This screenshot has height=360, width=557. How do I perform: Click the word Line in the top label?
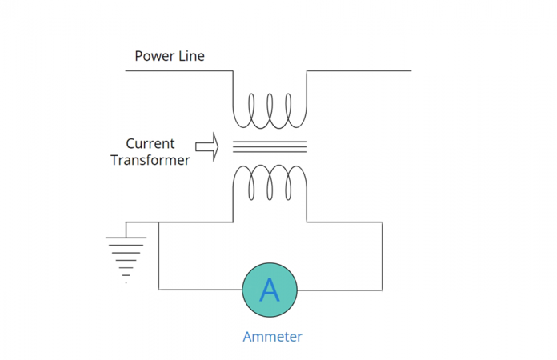tap(191, 56)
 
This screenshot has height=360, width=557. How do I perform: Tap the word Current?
tap(150, 144)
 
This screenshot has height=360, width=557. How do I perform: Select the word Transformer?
tap(150, 160)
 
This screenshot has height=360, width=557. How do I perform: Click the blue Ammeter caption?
tap(272, 337)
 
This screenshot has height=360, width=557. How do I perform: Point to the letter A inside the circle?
tap(270, 290)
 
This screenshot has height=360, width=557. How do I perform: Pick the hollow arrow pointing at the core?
tap(206, 147)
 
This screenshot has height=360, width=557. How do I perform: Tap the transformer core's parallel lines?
tap(270, 146)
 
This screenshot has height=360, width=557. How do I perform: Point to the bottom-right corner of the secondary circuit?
tap(382, 290)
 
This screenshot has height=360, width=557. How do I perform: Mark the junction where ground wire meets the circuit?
tap(158, 222)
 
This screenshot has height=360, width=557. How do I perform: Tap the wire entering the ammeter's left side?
tap(200, 290)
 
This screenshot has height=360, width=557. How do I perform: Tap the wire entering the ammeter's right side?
tap(340, 290)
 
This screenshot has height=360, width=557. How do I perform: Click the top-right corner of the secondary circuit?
tap(382, 222)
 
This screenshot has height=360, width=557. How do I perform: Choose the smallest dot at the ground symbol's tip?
tap(126, 282)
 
